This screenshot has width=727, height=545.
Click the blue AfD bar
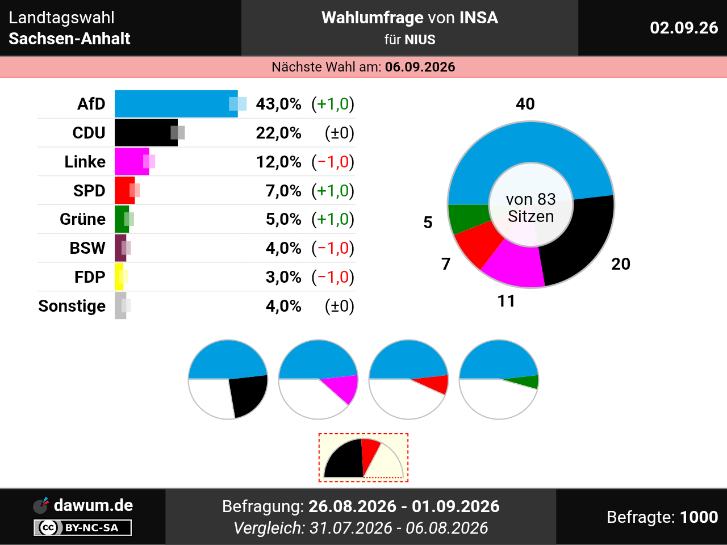[176, 104]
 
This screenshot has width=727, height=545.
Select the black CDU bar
[146, 133]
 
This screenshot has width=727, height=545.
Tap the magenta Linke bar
[132, 161]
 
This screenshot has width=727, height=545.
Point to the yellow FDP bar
[119, 276]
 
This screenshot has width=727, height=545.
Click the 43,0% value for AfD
[278, 104]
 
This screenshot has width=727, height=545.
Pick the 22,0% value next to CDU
[278, 133]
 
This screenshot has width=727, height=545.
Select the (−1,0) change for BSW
[333, 248]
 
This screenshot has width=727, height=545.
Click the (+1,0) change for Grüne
[333, 219]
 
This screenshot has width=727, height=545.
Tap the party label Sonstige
[72, 306]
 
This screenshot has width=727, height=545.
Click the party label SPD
[89, 191]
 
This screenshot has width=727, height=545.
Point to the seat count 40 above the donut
[525, 104]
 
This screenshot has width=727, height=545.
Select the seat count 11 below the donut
[506, 301]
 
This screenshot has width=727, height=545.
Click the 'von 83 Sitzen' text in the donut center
[530, 208]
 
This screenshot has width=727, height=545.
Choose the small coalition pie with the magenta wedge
[318, 379]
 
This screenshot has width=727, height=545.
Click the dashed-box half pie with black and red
[363, 458]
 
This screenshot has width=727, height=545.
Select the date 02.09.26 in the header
[684, 28]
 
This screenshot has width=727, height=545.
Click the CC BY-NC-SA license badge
[82, 527]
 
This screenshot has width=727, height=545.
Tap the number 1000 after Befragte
[699, 517]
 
